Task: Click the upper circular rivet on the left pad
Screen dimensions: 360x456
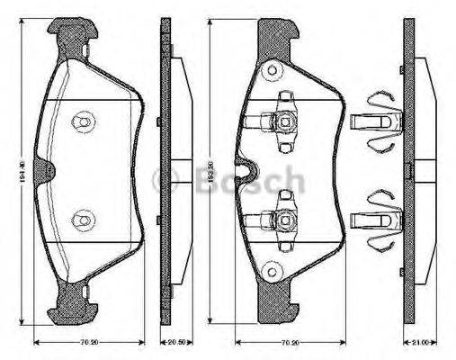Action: tap(84, 119)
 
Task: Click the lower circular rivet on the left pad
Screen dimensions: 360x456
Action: tap(84, 217)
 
